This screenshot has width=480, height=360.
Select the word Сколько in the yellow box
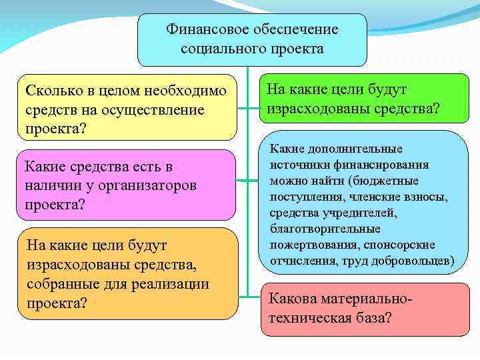click(x=51, y=90)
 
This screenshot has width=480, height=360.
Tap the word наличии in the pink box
click(x=52, y=185)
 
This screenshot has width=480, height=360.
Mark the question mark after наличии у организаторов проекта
click(x=81, y=204)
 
